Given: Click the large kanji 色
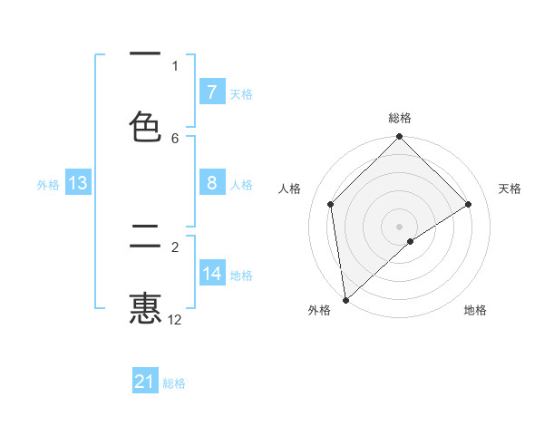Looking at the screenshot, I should point(145,126).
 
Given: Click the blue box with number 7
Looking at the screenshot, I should point(211,92).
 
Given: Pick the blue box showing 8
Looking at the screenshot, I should point(211,183).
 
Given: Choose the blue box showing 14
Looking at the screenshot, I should point(211,274).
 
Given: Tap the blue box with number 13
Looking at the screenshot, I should point(77,183).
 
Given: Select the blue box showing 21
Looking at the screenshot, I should point(145,382).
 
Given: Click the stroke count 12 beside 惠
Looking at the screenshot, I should point(175,319).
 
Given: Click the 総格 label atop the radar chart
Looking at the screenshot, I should point(400,118).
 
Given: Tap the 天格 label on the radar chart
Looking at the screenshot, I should point(510,189).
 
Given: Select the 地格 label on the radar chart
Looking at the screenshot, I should point(475,311).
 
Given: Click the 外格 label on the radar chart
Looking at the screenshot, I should point(319,311).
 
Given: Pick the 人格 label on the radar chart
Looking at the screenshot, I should point(290,189).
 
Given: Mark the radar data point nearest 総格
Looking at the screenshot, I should point(400,138).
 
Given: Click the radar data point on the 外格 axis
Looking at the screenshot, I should point(345,300).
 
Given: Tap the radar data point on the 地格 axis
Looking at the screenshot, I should point(411,241).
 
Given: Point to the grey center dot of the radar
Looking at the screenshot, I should point(400,226).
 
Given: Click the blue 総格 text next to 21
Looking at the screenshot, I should point(174,383).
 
